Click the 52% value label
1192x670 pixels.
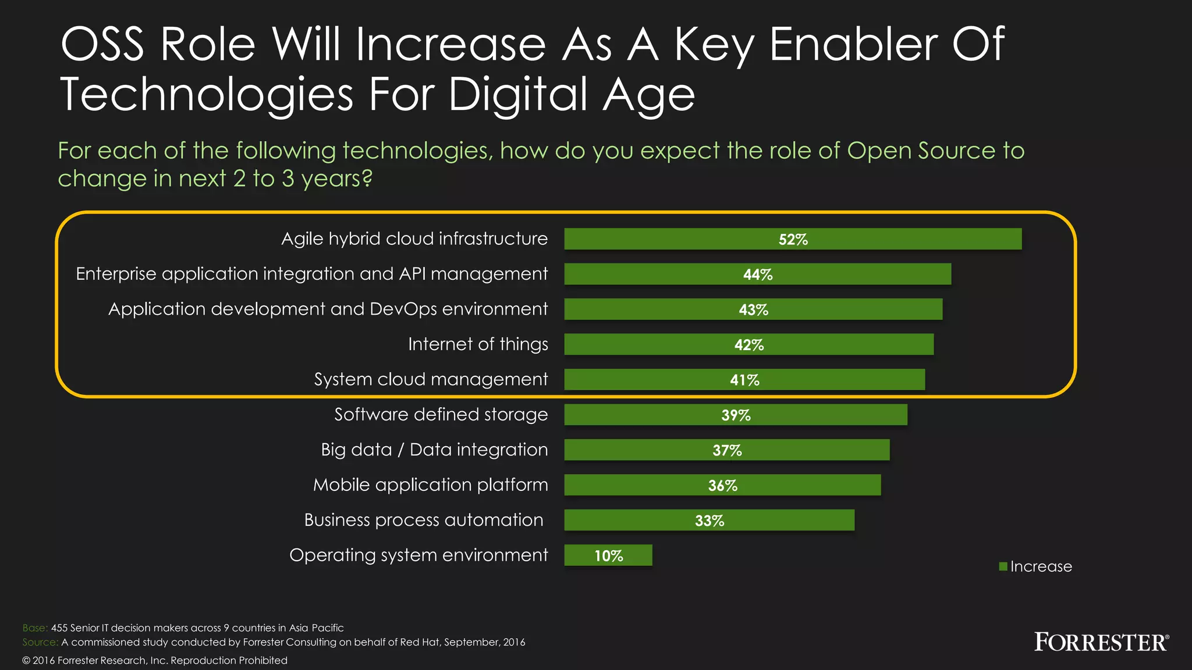tap(793, 240)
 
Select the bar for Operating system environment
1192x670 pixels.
tap(608, 555)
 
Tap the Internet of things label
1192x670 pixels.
tap(478, 344)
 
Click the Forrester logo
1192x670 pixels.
tap(1101, 642)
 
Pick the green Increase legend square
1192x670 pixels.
tap(1003, 566)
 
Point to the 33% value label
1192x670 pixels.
tap(709, 521)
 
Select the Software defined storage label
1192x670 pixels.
tap(441, 415)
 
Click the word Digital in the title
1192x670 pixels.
tap(517, 94)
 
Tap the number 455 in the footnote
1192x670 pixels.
tap(59, 628)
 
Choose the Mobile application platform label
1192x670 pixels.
tap(430, 485)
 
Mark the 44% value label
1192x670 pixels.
tap(757, 275)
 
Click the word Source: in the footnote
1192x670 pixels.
tap(40, 642)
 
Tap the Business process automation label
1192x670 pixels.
tap(423, 520)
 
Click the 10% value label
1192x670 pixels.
tap(608, 556)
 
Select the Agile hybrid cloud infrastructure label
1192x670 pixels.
tap(414, 239)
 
